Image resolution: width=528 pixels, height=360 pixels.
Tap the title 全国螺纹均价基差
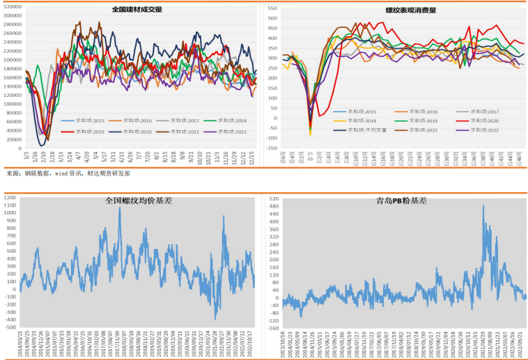click(x=138, y=201)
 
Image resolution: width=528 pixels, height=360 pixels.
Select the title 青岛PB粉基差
click(x=401, y=201)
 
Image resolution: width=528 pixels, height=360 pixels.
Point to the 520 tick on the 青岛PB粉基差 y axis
click(x=273, y=199)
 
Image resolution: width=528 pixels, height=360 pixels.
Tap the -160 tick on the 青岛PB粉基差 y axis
click(x=272, y=327)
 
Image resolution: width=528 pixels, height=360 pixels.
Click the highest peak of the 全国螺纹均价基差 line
click(x=119, y=209)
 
